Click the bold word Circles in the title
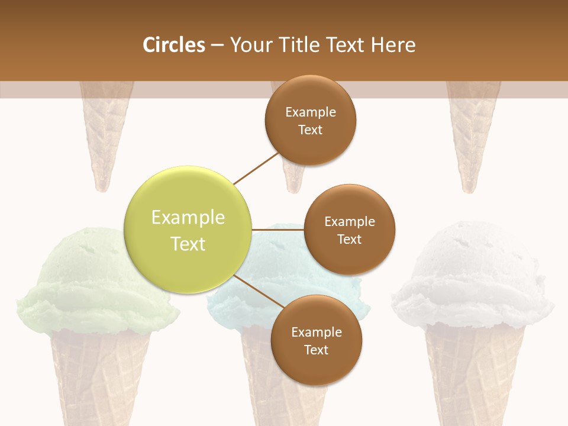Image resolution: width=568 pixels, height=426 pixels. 173,45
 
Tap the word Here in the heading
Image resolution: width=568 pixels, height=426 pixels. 393,45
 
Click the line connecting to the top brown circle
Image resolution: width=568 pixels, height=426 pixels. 257,169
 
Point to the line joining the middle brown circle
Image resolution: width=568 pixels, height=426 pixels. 277,230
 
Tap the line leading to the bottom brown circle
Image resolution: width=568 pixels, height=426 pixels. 258,291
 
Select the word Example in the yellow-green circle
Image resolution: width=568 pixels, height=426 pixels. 188,218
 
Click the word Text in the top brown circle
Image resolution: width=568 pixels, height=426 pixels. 310,130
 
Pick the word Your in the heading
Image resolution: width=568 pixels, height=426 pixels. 249,45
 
